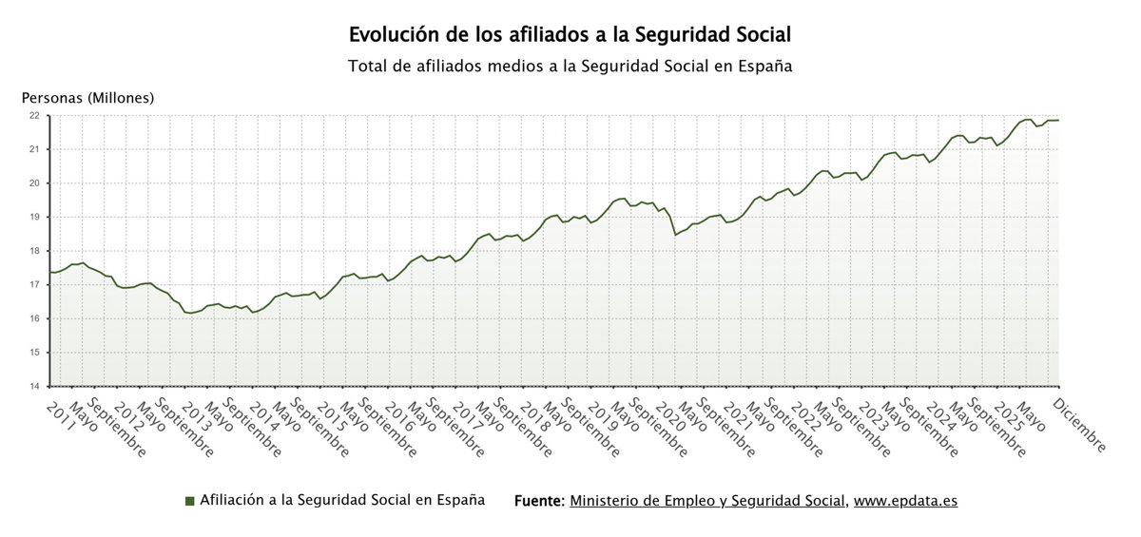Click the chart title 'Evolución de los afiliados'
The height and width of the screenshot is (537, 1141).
570,35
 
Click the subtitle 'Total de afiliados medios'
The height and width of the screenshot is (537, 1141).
570,67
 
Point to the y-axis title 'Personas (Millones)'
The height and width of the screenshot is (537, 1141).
87,98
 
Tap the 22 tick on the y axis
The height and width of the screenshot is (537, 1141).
34,116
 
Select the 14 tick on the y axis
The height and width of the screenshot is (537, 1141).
34,386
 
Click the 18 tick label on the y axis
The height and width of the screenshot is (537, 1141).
34,251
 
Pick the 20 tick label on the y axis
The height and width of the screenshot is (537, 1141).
34,183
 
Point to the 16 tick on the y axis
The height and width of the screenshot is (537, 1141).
34,318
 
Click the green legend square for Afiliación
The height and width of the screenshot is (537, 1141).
190,501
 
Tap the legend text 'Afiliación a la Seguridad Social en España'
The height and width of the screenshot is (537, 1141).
342,500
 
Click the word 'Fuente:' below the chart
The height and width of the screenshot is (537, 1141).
539,501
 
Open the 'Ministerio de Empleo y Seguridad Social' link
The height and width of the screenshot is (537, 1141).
707,501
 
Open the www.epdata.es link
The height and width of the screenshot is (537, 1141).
905,501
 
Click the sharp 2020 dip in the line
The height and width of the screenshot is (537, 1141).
675,234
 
